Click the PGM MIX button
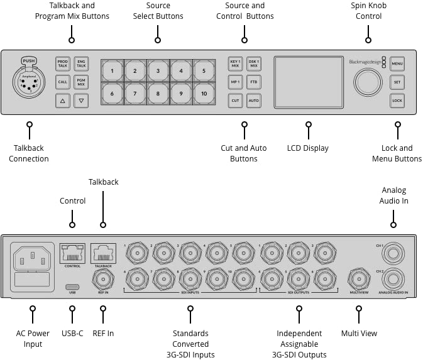click(81, 82)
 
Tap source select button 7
click(135, 94)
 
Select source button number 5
click(204, 71)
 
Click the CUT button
click(235, 101)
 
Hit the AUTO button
click(254, 101)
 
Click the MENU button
click(397, 64)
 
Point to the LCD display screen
click(307, 82)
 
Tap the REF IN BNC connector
click(102, 277)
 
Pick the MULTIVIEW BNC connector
click(359, 278)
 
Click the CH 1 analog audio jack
click(394, 253)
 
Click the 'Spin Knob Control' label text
click(368, 11)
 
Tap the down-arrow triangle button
click(81, 101)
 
